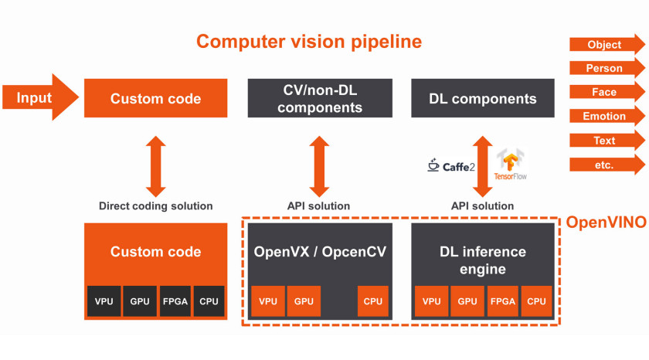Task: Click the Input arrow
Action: (x=40, y=97)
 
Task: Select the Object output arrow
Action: (x=607, y=44)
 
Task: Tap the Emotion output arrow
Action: (x=607, y=116)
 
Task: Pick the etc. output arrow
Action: (x=607, y=165)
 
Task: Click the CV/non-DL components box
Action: (x=320, y=98)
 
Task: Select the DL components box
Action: (x=483, y=98)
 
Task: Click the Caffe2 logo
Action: (x=451, y=165)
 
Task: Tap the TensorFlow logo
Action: (x=511, y=165)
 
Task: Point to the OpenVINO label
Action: (x=606, y=222)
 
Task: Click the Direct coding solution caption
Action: (x=155, y=205)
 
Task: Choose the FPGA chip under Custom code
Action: (x=175, y=301)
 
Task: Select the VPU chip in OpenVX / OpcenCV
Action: (x=268, y=301)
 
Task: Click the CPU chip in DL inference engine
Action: (x=536, y=301)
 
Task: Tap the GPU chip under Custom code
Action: (x=140, y=301)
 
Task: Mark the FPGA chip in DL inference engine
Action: (x=503, y=301)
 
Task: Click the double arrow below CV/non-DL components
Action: (x=319, y=166)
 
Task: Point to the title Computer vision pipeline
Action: (x=309, y=42)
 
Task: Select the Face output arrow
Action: (x=607, y=92)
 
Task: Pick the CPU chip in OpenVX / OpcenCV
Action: (x=373, y=301)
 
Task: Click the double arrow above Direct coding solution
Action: (x=155, y=166)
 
